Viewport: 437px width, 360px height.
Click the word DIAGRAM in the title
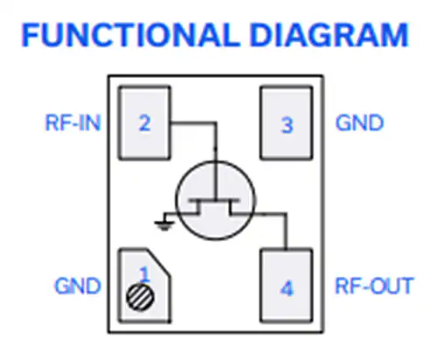point(329,35)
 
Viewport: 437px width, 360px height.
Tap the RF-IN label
point(73,123)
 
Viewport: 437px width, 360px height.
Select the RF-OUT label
point(374,286)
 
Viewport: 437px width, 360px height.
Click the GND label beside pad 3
point(359,123)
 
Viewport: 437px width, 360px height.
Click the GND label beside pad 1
point(78,286)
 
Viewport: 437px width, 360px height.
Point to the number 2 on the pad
point(144,123)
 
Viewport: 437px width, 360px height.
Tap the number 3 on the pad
point(287,125)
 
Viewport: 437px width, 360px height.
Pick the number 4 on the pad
point(287,288)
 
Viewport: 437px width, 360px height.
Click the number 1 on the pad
point(144,273)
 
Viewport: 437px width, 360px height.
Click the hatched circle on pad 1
point(141,297)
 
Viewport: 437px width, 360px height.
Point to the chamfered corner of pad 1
point(158,262)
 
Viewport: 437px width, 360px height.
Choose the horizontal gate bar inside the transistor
point(215,200)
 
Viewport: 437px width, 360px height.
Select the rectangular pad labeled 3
point(287,122)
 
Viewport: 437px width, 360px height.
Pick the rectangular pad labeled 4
point(287,286)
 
